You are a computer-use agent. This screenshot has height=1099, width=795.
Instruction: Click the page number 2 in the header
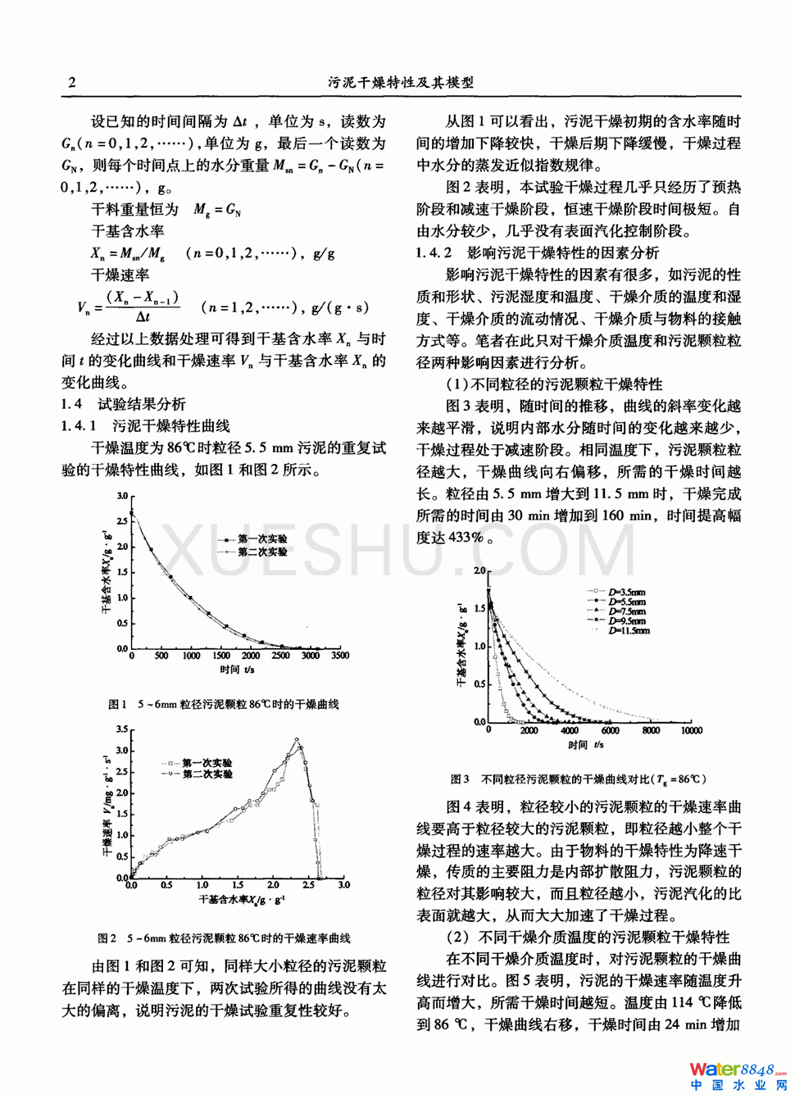(x=71, y=82)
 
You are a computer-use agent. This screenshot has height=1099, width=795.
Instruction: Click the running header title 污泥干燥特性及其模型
(x=401, y=82)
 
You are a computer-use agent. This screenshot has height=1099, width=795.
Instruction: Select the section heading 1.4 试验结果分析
(x=124, y=404)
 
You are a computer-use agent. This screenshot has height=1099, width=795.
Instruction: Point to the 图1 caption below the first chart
(x=224, y=704)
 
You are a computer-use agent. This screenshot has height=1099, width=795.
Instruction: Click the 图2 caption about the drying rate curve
(x=224, y=938)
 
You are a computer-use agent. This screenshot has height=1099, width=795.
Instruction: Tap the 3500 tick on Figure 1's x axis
(x=339, y=656)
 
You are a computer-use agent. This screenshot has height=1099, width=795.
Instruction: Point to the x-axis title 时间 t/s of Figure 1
(x=237, y=670)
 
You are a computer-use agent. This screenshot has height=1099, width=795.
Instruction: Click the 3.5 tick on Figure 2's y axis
(x=121, y=729)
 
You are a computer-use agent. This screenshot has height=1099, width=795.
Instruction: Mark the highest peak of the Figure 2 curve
(x=297, y=740)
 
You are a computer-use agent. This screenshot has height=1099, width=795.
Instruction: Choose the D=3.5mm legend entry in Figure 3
(x=626, y=592)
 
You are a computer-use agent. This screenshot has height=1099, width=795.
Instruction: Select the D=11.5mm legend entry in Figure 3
(x=629, y=631)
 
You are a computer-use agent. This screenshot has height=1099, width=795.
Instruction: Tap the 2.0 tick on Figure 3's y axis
(x=479, y=570)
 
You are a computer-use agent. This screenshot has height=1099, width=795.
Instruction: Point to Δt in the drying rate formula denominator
(x=143, y=317)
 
